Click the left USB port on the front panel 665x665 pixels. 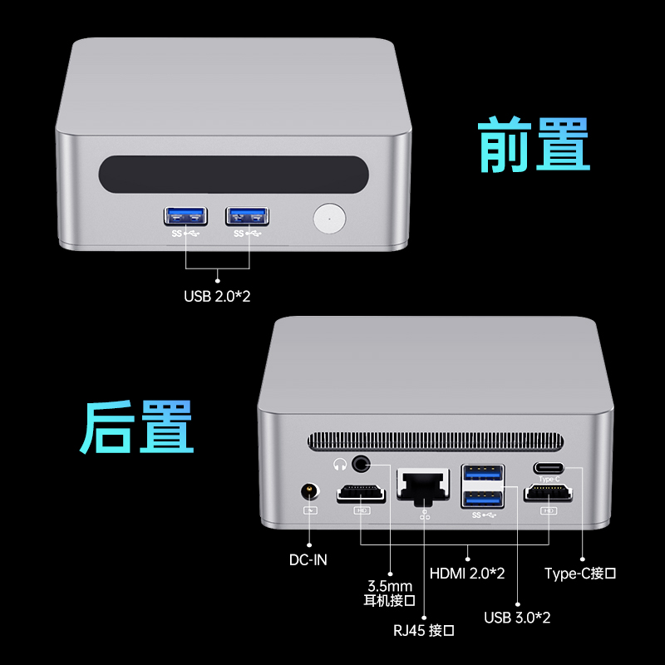185,216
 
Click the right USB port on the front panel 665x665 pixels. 248,216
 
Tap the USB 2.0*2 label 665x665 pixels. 217,295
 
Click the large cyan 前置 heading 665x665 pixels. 533,145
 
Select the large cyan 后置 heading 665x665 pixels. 137,427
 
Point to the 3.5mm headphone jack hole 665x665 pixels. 363,462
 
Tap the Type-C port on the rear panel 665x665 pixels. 549,468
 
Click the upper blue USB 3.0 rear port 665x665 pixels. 483,475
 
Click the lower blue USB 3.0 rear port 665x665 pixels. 483,499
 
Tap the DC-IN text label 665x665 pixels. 308,559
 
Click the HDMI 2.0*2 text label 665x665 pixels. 467,573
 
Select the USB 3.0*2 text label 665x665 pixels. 517,617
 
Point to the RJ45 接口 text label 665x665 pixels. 424,630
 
